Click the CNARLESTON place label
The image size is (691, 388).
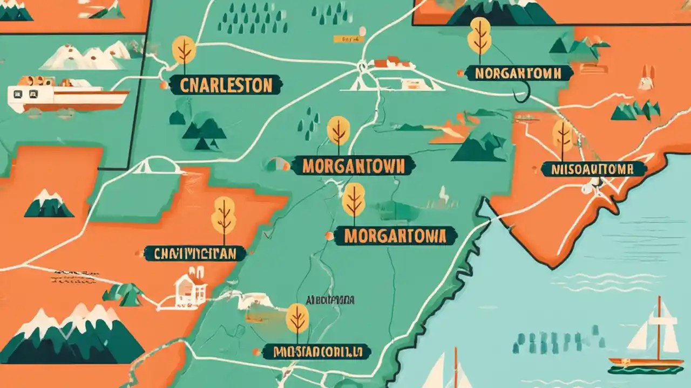tap(226, 85)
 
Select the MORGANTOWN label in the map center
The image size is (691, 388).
tap(353, 166)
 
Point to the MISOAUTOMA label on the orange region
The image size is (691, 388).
tap(593, 169)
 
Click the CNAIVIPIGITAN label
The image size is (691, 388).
tap(195, 253)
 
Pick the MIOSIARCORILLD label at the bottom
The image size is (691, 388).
tap(316, 352)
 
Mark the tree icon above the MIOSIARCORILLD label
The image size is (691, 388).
tap(297, 319)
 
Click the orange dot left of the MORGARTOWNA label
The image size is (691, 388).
tap(329, 235)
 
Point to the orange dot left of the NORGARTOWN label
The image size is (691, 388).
tap(460, 73)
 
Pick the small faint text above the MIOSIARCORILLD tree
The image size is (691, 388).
tap(330, 300)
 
